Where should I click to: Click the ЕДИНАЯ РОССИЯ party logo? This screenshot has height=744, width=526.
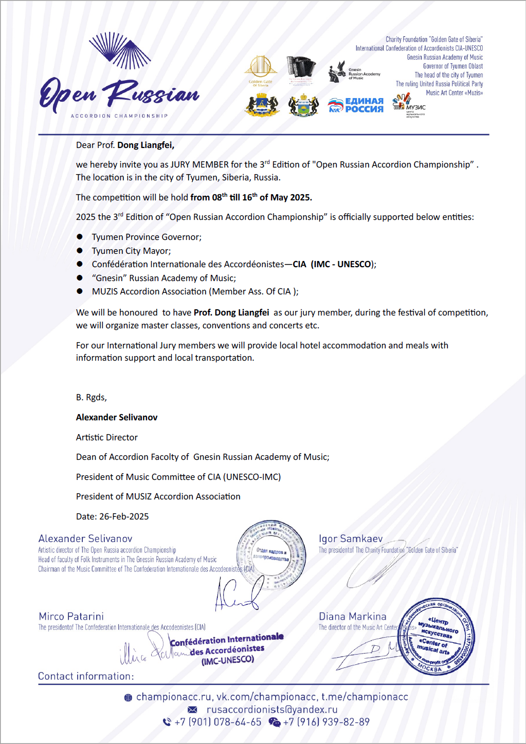click(356, 105)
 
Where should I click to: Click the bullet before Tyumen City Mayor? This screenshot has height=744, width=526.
click(80, 251)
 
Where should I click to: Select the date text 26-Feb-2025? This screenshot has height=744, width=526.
click(124, 516)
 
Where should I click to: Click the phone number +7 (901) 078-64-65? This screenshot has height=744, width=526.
click(218, 722)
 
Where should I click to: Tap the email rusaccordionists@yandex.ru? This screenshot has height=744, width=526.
click(272, 710)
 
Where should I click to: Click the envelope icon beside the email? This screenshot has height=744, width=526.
click(192, 710)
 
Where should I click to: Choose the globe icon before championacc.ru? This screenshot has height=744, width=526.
click(128, 698)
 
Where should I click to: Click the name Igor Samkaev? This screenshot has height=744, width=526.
click(351, 538)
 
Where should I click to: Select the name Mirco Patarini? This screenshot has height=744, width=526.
click(71, 616)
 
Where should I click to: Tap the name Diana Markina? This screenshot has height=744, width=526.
click(352, 616)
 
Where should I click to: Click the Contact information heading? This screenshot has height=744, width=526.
click(86, 676)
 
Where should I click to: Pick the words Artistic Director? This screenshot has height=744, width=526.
click(107, 437)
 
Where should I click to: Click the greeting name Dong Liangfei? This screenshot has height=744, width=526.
click(146, 145)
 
